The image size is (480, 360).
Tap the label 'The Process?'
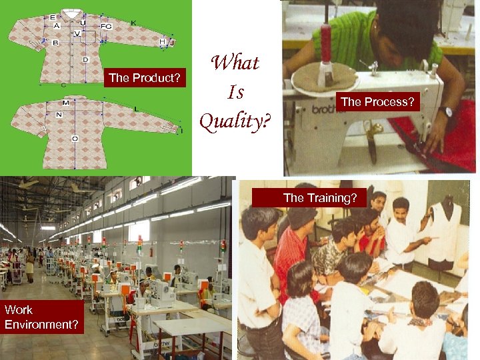point(377,102)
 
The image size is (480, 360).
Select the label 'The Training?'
point(319,198)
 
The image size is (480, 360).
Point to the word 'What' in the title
point(235,63)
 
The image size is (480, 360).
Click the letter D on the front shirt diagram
point(85,60)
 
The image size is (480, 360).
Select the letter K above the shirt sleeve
point(133,23)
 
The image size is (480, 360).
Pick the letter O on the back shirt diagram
point(75,139)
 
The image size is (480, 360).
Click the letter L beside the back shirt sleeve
point(137,108)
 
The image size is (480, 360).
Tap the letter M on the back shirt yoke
point(66,103)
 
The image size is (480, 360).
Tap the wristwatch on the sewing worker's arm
point(445,111)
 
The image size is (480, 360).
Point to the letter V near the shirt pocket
point(77,33)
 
